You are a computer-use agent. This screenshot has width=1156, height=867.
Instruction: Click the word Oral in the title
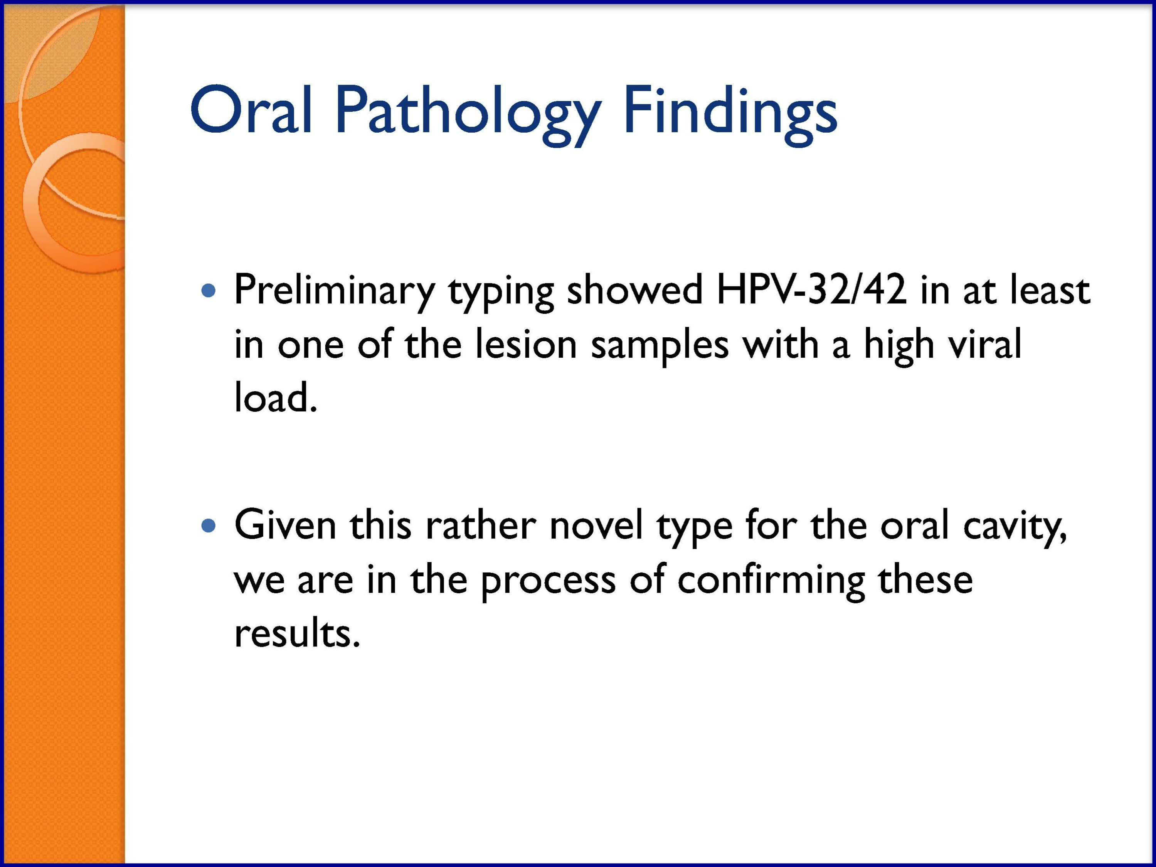click(x=251, y=110)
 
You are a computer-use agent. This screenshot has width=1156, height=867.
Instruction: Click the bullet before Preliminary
click(x=208, y=290)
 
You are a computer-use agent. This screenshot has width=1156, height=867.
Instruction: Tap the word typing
click(x=501, y=293)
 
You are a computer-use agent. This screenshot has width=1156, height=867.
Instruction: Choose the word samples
click(x=660, y=347)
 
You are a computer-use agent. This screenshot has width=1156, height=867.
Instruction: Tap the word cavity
click(x=1015, y=528)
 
